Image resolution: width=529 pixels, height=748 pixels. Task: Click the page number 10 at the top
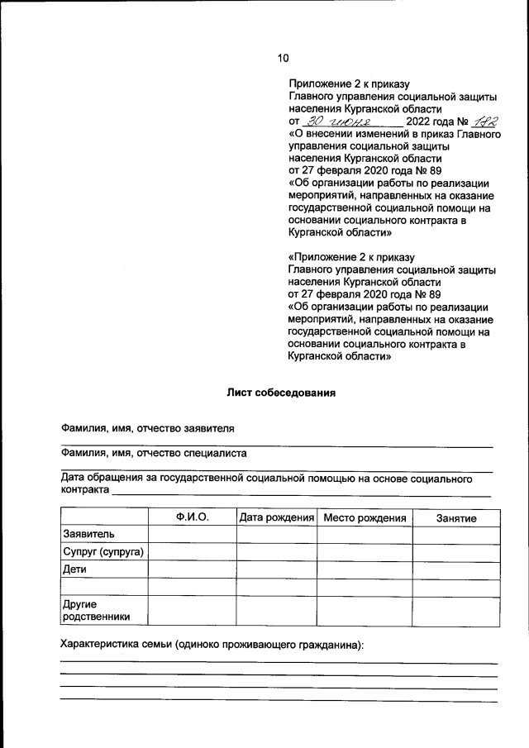(x=284, y=58)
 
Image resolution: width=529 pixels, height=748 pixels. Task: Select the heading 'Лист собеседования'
(x=281, y=393)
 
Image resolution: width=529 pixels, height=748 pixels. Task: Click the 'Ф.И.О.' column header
(x=192, y=517)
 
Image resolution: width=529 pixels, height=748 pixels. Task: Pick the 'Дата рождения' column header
(x=277, y=517)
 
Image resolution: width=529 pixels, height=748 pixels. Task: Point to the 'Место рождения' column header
(x=365, y=517)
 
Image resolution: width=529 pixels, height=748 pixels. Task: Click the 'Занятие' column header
(x=456, y=517)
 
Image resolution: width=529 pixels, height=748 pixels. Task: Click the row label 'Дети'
(x=74, y=569)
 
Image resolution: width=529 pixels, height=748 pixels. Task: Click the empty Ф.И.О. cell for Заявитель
(x=192, y=535)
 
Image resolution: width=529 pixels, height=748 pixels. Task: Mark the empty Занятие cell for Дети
(x=456, y=569)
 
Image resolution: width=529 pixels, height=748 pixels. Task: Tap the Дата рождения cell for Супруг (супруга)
(x=277, y=551)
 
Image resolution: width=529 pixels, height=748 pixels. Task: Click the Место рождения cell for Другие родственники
(x=365, y=610)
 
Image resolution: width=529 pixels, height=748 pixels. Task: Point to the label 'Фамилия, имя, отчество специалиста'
(x=154, y=453)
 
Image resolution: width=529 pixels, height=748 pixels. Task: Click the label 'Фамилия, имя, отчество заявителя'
(x=148, y=429)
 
